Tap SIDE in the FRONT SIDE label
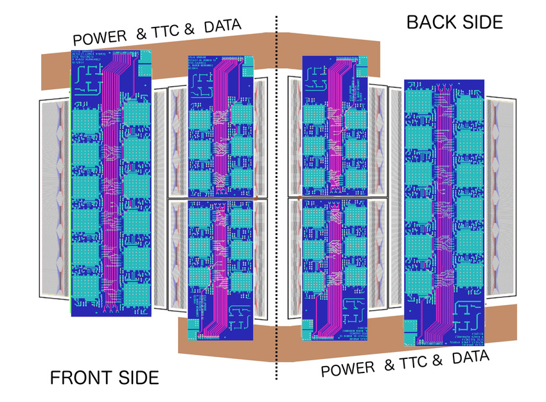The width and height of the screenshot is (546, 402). click(x=134, y=378)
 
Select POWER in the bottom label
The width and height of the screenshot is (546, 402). click(x=348, y=369)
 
